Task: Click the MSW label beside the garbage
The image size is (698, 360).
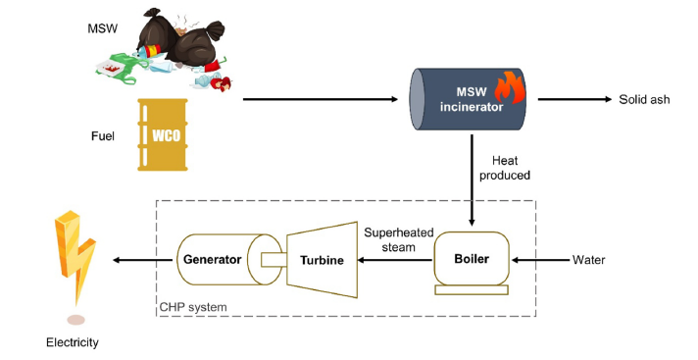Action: pos(102,28)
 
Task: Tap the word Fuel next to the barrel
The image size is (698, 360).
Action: pos(103,136)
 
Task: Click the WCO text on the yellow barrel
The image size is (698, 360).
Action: pos(167,135)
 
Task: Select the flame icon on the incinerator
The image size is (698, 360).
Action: pos(510,87)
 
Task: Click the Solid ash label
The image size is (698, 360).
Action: pos(644,99)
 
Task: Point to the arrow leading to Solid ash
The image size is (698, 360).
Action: pos(574,99)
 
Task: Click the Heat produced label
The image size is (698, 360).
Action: pos(505,168)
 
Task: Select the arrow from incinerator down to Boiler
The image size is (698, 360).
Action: pos(472,180)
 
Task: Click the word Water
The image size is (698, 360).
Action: pos(588,260)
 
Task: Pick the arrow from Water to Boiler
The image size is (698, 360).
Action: pos(541,260)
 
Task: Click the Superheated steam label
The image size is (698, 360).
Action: pos(398,239)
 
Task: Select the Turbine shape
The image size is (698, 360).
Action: pos(322,260)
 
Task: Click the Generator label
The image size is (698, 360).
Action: pos(213,259)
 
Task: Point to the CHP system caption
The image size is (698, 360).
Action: pos(193,307)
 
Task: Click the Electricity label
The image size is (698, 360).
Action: pos(73,342)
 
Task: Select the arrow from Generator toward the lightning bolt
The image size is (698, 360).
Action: pos(142,260)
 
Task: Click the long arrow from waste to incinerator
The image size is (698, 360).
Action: pos(321,99)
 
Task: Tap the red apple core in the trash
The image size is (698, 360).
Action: pos(221,83)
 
